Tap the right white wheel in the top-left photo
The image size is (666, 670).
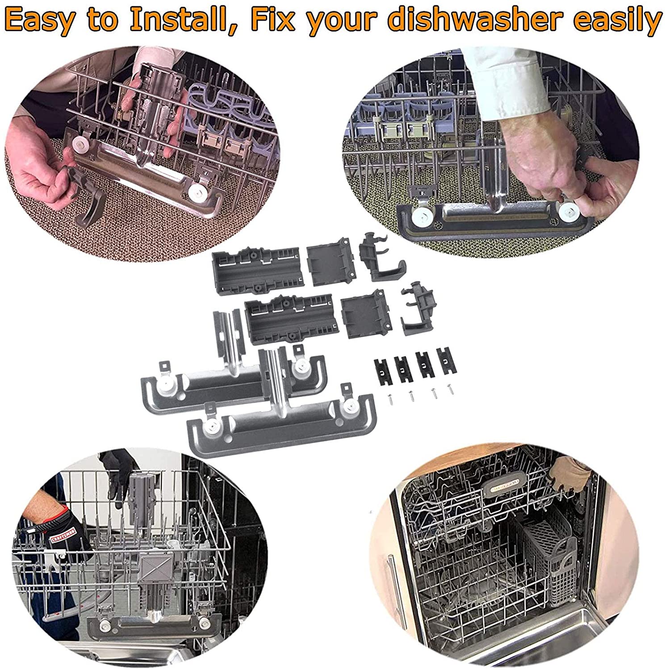tap(194, 193)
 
